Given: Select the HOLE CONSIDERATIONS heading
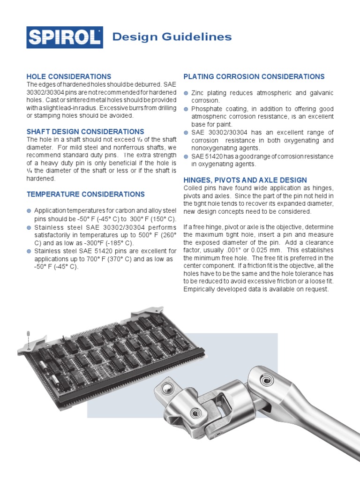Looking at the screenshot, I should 69,76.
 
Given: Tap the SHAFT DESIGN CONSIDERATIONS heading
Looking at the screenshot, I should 85,132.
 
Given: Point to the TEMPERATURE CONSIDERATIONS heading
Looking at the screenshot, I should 86,194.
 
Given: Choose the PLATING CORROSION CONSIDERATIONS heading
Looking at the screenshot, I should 254,76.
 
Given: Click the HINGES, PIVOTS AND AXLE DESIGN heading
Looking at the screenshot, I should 245,180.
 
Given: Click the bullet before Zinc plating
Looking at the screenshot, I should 186,93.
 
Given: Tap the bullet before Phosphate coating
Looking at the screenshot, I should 186,109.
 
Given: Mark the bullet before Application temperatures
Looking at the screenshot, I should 29,211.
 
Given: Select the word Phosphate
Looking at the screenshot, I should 207,109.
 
